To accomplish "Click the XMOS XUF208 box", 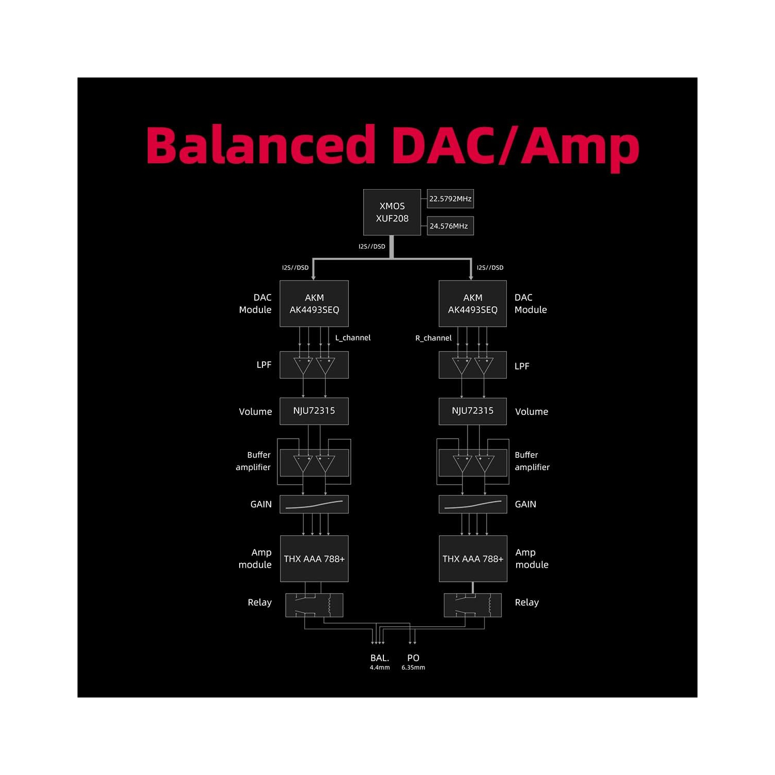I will point(392,212).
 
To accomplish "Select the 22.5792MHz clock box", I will point(450,199).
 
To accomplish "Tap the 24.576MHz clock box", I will point(450,226).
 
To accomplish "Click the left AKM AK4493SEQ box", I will point(314,304).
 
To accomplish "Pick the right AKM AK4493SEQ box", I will point(472,304).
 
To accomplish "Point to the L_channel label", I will point(353,338).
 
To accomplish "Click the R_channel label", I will point(433,338).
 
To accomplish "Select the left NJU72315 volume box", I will point(314,411).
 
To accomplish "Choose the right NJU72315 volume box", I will point(472,411).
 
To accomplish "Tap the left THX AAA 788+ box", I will point(314,559).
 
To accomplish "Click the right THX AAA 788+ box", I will point(473,559).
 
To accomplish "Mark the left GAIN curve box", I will point(314,504).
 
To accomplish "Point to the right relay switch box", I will point(472,605).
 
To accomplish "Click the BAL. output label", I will point(380,658).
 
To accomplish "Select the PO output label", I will point(413,658).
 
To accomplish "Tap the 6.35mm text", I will point(413,668).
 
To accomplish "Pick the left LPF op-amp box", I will point(314,365).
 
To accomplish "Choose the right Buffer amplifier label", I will point(532,461).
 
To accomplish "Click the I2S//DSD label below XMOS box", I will point(372,246).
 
